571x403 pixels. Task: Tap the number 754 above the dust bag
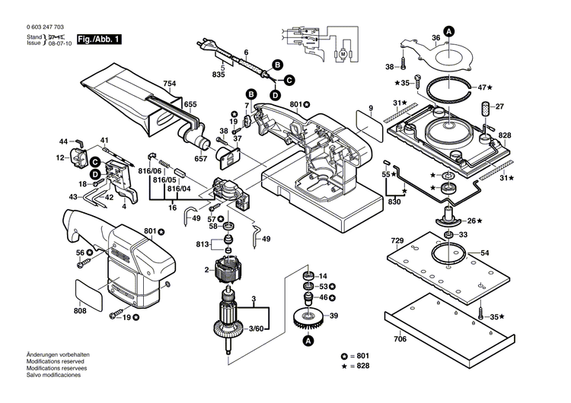169,84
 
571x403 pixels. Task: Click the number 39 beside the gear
333,315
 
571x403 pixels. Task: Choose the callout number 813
202,244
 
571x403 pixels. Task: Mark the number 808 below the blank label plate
81,310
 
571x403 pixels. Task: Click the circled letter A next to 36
449,31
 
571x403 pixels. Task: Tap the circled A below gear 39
308,343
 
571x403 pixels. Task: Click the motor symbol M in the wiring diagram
343,54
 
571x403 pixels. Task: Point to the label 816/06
150,173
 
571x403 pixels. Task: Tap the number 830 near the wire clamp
394,201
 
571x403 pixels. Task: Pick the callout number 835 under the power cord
219,75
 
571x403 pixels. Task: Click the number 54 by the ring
486,252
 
